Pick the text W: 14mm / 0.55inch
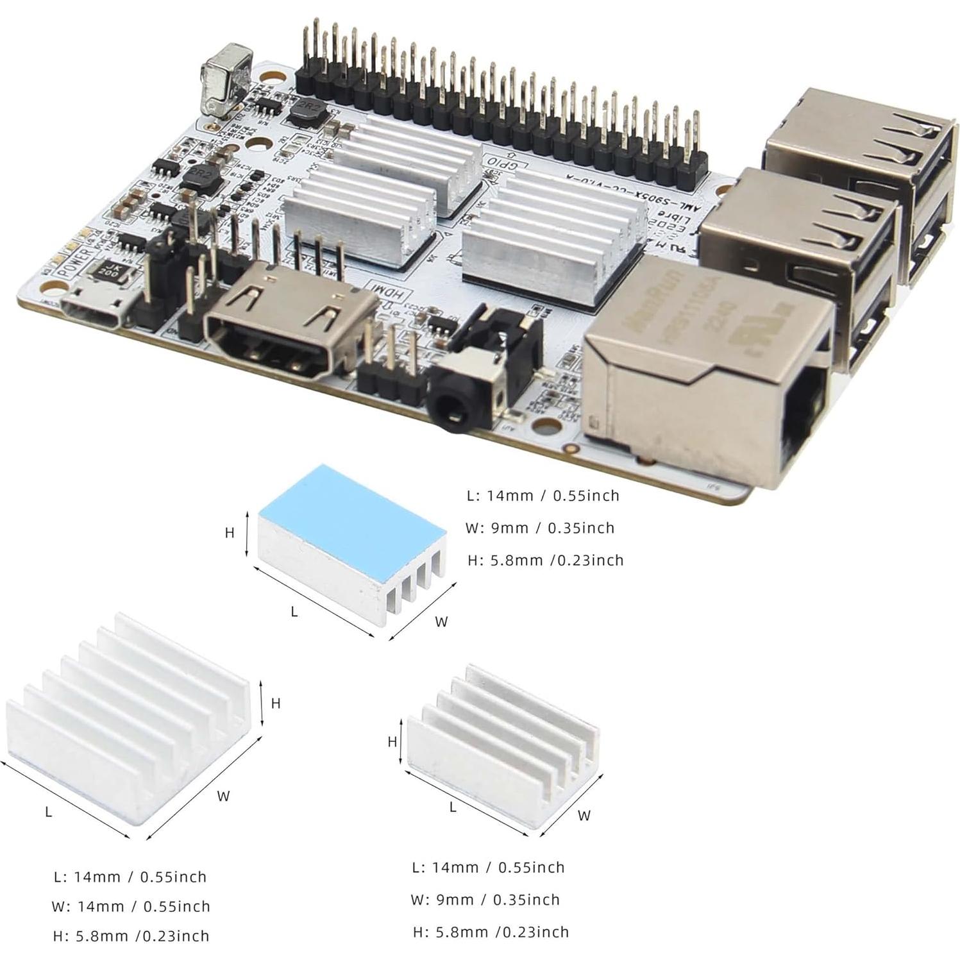tap(131, 906)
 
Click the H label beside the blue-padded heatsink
tap(229, 533)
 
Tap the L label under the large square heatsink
tap(49, 812)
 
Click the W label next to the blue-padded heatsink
tap(441, 621)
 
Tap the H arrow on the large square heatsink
tap(262, 703)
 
